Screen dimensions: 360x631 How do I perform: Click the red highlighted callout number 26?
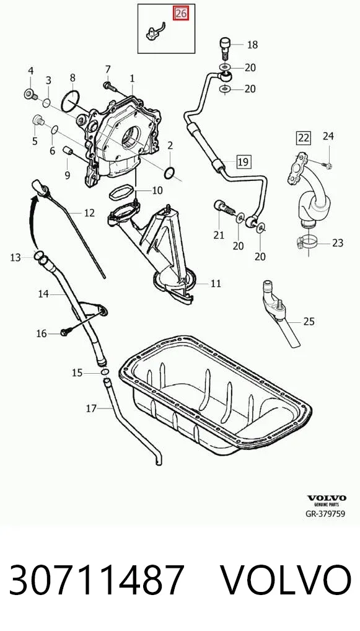180,14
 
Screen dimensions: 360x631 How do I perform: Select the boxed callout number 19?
243,162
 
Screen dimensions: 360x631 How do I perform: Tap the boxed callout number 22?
303,138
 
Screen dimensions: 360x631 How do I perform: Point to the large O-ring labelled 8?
71,101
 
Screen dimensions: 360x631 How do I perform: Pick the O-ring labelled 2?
170,173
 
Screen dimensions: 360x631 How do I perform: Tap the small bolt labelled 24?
327,164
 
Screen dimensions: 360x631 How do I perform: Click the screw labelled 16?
66,332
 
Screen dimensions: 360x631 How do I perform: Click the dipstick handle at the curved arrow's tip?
40,188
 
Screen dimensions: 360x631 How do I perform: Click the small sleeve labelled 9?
67,151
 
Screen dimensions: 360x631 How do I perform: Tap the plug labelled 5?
38,120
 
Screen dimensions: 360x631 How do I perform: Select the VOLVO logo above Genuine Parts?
327,498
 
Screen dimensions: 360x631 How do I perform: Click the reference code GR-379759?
325,514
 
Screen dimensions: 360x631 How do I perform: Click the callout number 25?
309,321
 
